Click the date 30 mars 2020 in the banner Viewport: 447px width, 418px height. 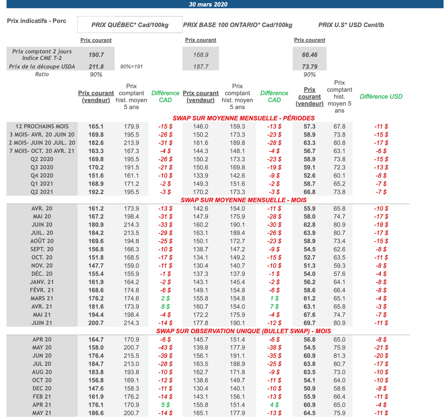click(208, 4)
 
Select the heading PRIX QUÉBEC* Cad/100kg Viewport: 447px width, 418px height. click(130, 25)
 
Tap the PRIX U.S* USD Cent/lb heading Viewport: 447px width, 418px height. click(351, 25)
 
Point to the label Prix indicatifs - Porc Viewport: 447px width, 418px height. click(37, 21)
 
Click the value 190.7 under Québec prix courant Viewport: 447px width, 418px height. click(96, 55)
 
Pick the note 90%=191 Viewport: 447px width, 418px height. click(131, 67)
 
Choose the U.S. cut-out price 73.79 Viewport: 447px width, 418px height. click(309, 67)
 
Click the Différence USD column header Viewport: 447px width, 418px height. click(381, 97)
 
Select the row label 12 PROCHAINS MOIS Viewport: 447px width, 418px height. click(42, 126)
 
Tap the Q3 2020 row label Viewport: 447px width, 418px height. click(42, 167)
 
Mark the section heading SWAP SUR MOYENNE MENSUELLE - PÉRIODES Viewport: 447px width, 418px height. click(244, 118)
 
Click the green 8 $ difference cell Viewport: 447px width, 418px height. click(165, 307)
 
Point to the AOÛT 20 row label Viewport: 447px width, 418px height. click(42, 241)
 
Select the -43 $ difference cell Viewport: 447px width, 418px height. click(165, 348)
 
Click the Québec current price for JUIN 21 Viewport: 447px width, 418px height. click(96, 323)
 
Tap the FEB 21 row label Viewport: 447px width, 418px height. click(42, 397)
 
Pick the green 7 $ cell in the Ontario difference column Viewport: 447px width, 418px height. click(274, 307)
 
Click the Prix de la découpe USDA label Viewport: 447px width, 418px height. click(42, 67)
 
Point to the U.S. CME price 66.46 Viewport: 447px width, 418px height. click(309, 55)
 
